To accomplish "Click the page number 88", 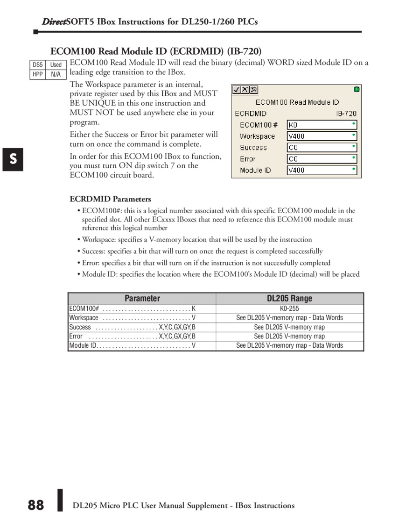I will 35,505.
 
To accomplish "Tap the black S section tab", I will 13,159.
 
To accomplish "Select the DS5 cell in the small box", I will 38,65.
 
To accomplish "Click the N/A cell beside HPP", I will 56,74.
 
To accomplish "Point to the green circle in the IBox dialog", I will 357,89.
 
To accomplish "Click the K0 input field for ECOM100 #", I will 322,125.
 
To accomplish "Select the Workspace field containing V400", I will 322,136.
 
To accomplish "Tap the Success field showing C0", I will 322,147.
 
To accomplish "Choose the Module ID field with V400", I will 322,170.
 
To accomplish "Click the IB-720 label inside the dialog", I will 346,114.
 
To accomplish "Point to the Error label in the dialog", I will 247,159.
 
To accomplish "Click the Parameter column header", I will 142,299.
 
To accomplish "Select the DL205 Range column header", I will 289,299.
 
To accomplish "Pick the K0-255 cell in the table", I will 289,308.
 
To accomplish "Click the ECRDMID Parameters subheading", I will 110,199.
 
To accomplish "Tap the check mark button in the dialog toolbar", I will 237,90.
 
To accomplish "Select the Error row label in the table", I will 76,336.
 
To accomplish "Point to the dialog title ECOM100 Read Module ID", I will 297,102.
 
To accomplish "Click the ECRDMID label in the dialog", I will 251,114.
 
